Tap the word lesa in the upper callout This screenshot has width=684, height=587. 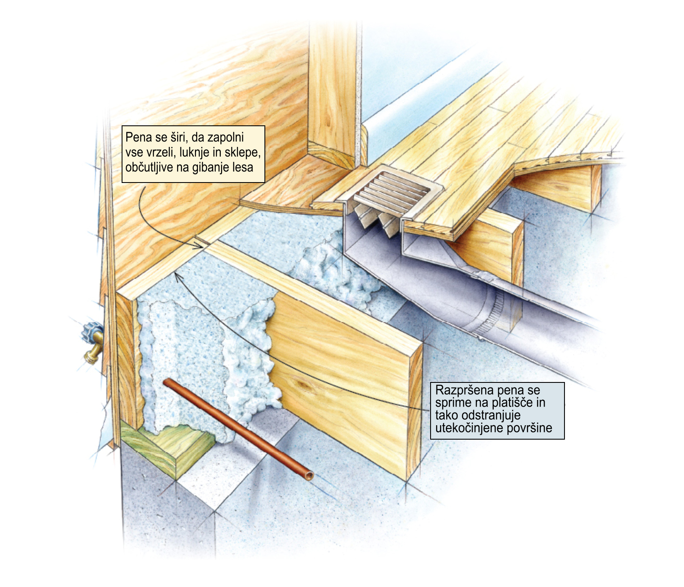tap(243, 167)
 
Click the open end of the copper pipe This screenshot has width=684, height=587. tap(309, 476)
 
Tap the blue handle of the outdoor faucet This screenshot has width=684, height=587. tap(91, 330)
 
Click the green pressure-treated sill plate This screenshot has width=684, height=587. tap(167, 449)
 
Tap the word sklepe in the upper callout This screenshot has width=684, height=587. tap(242, 152)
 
